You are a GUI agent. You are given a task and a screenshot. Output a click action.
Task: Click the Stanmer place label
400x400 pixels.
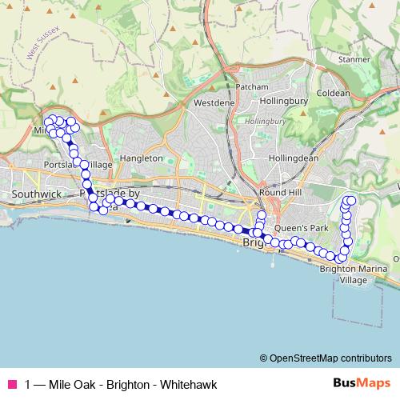click(354, 59)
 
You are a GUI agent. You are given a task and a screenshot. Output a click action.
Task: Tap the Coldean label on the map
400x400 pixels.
click(333, 93)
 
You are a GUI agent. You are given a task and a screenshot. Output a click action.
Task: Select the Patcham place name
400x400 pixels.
click(247, 87)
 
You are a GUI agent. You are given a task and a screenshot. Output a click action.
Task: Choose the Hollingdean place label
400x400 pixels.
click(294, 158)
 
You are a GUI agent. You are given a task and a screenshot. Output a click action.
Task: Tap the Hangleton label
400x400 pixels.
click(142, 158)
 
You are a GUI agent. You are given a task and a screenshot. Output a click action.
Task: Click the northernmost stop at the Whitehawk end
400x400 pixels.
click(350, 199)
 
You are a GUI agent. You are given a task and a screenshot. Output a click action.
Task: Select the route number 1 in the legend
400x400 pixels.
click(29, 383)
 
